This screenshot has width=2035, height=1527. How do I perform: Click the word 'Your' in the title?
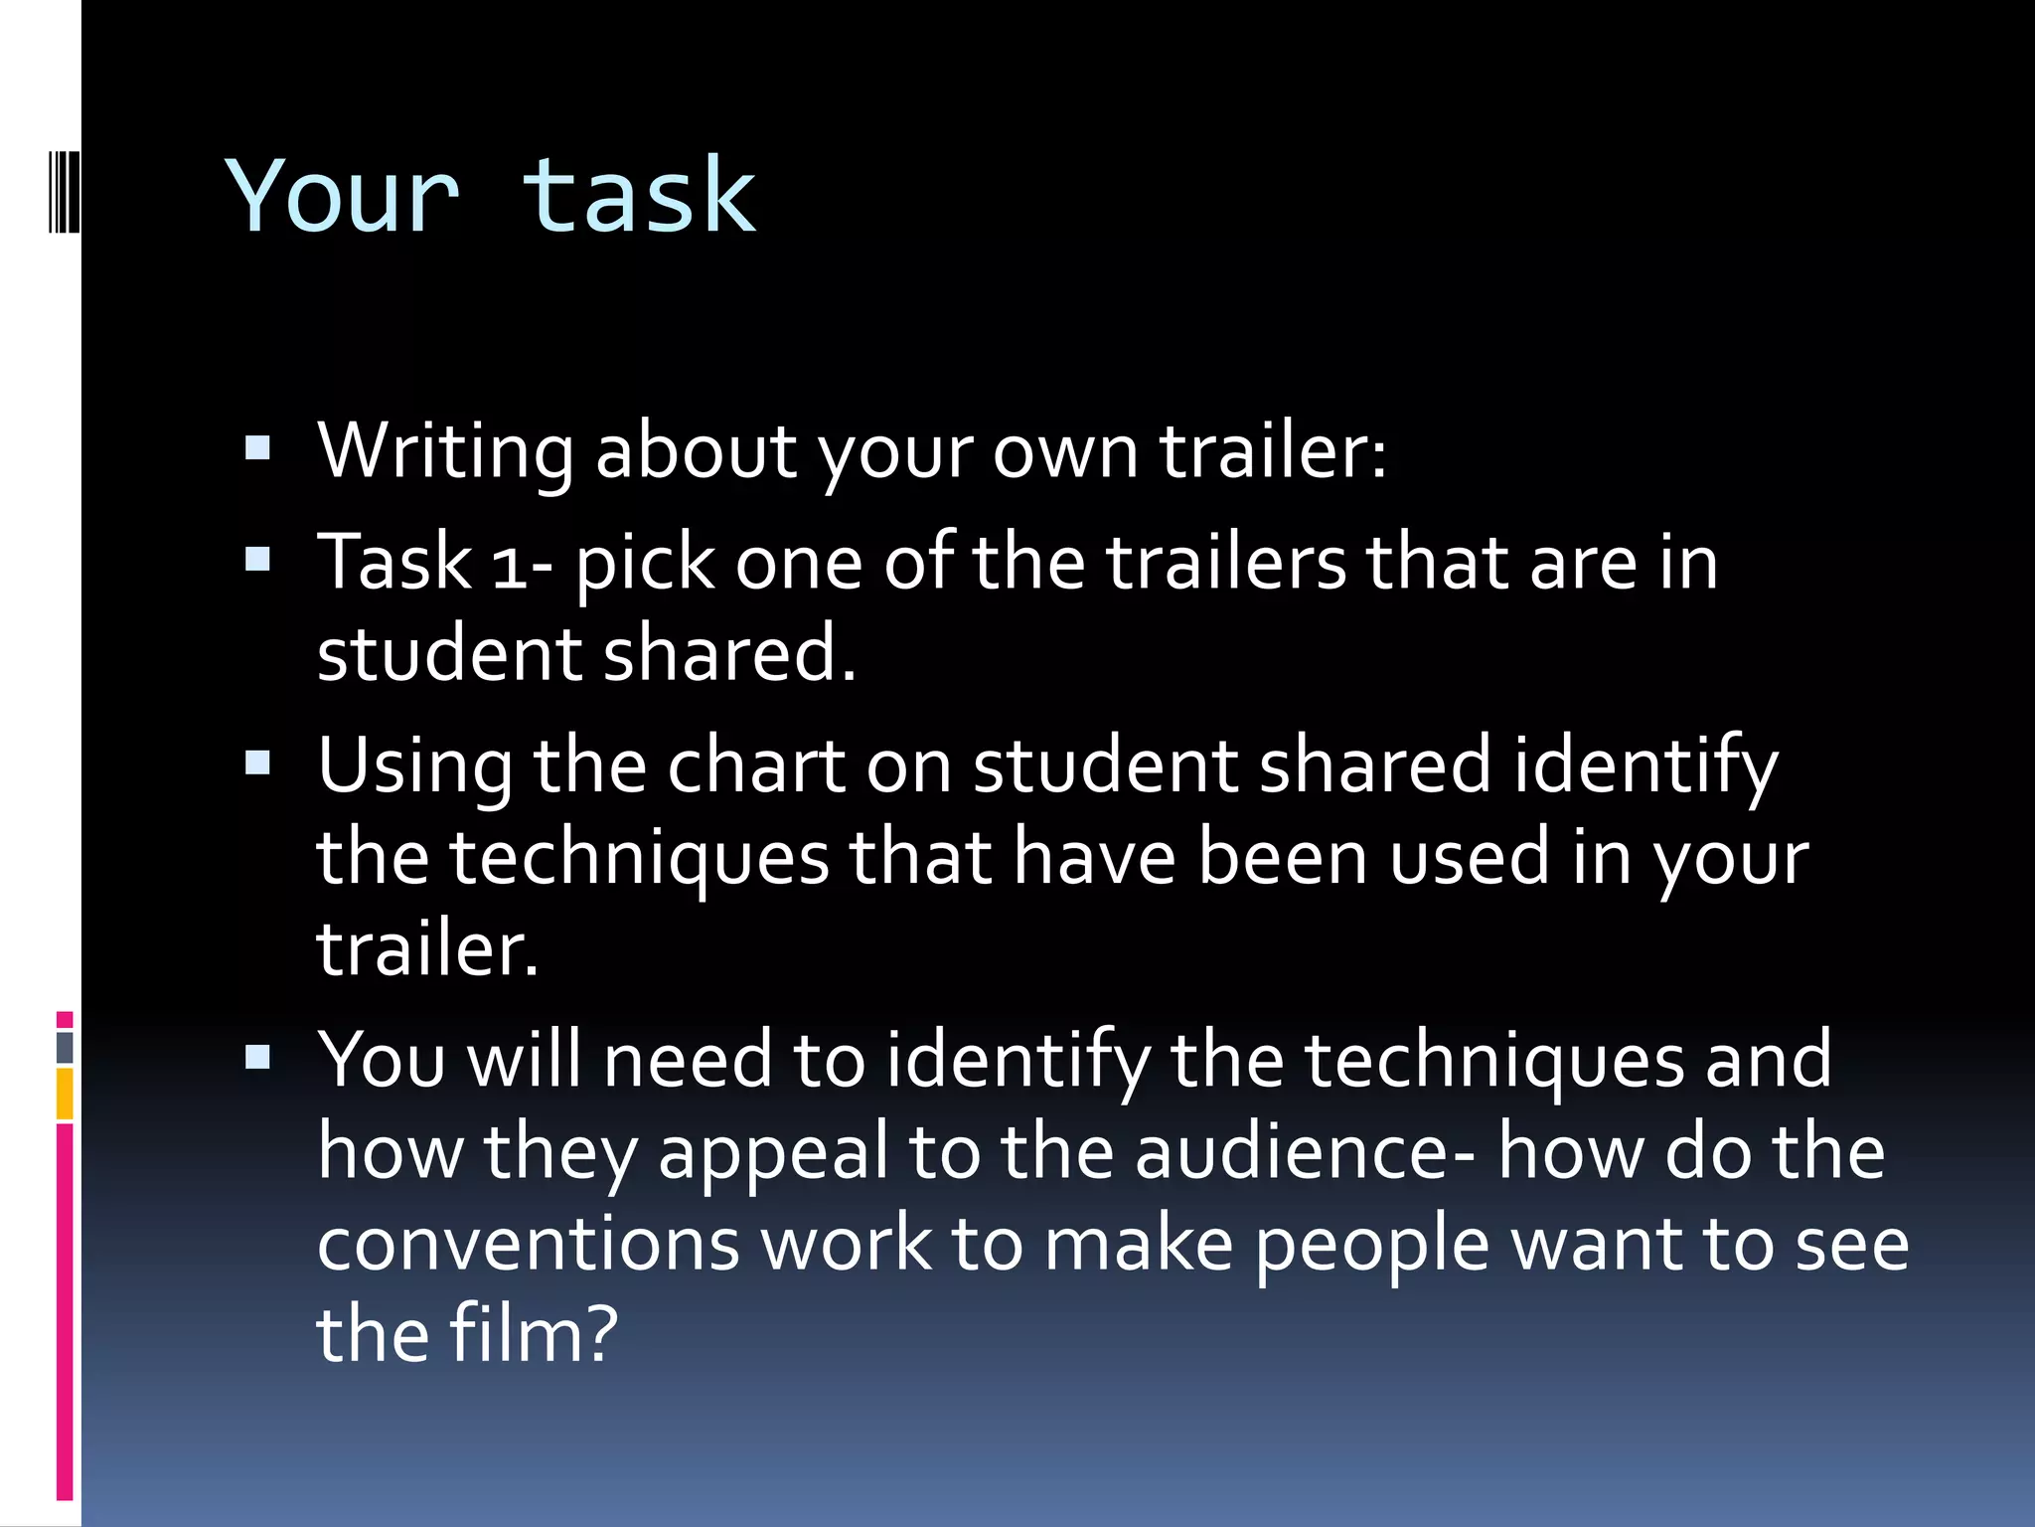coord(343,196)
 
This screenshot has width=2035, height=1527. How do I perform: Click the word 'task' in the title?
coord(639,196)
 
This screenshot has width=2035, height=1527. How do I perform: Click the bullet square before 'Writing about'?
coord(257,449)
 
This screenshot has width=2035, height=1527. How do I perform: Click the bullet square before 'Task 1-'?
coord(257,561)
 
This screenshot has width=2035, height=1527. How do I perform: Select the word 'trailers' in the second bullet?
coord(1225,563)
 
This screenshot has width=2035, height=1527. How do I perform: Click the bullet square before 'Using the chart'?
coord(257,763)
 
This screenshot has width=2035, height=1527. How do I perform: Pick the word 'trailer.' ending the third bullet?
coord(427,948)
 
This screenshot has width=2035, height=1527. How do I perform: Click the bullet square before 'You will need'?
coord(257,1058)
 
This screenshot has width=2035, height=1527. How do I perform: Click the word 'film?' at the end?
coord(534,1334)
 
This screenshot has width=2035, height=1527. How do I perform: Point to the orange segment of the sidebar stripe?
coord(65,1094)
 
